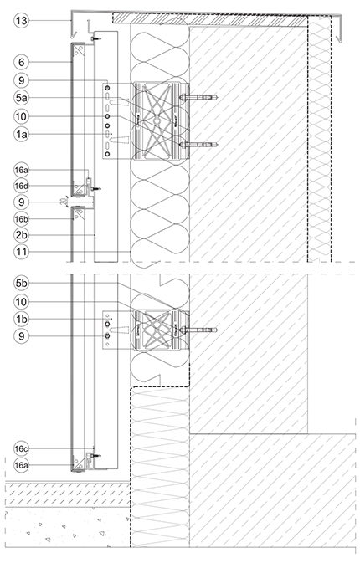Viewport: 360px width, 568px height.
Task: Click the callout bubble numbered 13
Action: (x=22, y=21)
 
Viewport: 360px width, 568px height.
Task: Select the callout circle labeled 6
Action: (x=22, y=62)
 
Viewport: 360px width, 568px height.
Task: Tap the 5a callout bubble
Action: (x=22, y=97)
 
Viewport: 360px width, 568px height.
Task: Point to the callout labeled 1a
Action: (x=22, y=135)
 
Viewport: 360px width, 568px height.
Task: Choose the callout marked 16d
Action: (x=22, y=186)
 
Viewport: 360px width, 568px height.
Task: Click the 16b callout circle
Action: (x=22, y=219)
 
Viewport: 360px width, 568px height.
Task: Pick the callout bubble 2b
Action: (x=22, y=235)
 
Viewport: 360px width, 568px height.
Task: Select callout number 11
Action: (x=22, y=252)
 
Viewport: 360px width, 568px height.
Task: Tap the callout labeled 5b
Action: (x=22, y=284)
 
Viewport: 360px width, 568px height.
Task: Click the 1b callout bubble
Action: (x=22, y=320)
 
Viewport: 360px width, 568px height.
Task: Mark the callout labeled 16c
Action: (x=22, y=449)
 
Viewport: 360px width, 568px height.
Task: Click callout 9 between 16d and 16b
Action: (x=22, y=202)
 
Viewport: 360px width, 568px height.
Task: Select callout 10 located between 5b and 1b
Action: (x=22, y=301)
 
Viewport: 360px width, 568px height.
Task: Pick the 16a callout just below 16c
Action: (x=22, y=465)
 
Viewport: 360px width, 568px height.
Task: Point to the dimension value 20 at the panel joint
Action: (x=64, y=202)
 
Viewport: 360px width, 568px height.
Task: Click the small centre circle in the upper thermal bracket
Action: (x=157, y=120)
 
